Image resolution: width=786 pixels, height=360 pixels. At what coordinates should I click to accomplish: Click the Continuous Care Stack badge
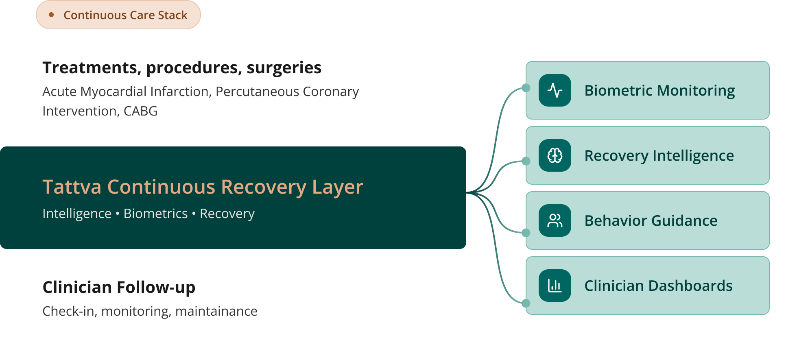(x=118, y=15)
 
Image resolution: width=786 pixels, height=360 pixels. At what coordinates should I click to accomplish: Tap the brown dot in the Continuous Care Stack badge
(x=51, y=15)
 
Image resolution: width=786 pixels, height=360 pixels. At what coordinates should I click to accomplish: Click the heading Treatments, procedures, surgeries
(x=182, y=68)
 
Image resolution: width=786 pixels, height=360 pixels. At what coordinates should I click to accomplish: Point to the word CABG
(x=140, y=111)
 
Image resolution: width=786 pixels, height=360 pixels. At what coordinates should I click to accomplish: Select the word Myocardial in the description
(x=114, y=92)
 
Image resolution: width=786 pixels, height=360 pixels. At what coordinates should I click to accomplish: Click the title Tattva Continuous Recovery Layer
(x=203, y=187)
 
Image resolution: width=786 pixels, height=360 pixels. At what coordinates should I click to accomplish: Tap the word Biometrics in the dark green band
(x=155, y=214)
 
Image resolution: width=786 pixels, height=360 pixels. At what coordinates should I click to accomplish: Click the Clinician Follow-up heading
(x=119, y=287)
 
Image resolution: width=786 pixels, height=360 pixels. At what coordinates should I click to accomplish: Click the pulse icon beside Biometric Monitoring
(x=555, y=90)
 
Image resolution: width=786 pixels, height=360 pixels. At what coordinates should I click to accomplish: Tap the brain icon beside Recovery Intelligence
(x=555, y=155)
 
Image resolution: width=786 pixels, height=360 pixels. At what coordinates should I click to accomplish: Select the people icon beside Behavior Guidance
(x=555, y=220)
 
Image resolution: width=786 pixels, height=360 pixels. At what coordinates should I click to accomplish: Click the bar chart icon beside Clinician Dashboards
(x=555, y=286)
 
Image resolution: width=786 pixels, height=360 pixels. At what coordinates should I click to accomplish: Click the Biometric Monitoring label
(x=659, y=90)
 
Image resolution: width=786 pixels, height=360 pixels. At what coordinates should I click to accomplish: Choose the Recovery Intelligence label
(x=659, y=155)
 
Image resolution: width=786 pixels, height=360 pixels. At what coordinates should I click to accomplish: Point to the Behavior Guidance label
(x=651, y=220)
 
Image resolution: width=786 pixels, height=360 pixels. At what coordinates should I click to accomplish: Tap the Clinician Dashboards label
(x=658, y=286)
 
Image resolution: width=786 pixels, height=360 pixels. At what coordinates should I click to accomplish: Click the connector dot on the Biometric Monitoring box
(x=526, y=88)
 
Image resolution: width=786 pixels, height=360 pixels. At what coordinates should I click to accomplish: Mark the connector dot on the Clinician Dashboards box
(x=526, y=303)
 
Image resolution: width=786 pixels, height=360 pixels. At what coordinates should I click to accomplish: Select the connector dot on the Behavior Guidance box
(x=526, y=233)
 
